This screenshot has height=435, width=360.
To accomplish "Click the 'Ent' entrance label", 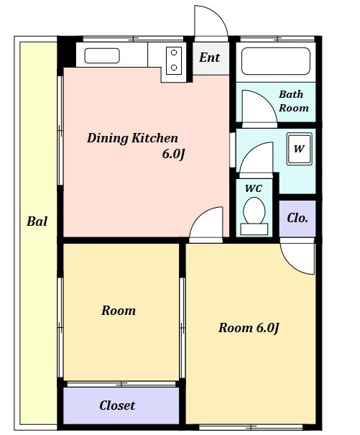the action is coord(209,58).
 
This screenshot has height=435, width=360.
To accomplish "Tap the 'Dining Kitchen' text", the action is coord(132,138).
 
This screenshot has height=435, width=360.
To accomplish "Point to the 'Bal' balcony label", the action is coord(37,221).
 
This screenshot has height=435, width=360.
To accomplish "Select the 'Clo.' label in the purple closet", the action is coord(297,218).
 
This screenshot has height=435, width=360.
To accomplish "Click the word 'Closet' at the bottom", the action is coord(117,406).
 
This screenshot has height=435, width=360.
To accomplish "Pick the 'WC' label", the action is coord(253,188).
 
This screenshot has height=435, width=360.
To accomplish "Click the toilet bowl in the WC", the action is coord(254,210).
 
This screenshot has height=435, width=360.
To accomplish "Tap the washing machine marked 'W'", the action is coord(299,149).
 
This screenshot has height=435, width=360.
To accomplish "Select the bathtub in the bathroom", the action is coord(276,61).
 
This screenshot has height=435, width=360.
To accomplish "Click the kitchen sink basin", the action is coord(102,56).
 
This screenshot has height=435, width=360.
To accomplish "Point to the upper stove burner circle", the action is coord(174,52).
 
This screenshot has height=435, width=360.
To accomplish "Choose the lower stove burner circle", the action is coord(174,68).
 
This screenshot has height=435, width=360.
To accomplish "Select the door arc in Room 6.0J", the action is coord(290,265).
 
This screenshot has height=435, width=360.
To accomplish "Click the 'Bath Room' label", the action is coord(293,101).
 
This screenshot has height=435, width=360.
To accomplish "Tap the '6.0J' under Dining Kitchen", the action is coord(173,155).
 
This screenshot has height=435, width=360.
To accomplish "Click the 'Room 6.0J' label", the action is coord(249,328).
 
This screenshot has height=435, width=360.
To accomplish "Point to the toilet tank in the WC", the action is coord(254,229).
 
